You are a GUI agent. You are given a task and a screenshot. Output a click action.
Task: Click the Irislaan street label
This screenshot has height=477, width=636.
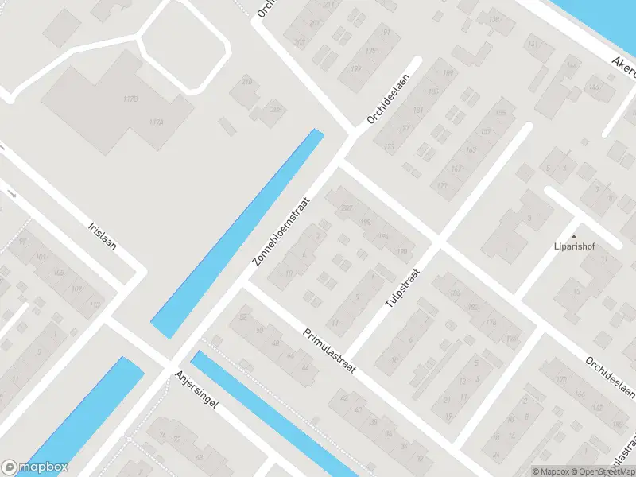tap(103, 235)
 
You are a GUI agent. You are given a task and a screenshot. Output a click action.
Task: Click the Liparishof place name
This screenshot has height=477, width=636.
tap(575, 246)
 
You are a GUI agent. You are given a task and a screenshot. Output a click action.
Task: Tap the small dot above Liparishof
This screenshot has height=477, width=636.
tap(575, 236)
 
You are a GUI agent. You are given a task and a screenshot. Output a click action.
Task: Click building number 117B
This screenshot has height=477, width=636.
tap(131, 99)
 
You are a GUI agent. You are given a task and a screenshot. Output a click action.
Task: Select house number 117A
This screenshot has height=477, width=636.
tap(156, 122)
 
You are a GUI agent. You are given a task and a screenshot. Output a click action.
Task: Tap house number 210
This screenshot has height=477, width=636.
tap(246, 82)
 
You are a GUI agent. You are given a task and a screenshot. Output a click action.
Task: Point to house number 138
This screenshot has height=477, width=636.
tap(494, 20)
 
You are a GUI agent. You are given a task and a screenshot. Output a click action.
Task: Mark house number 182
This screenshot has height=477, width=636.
tap(474, 308)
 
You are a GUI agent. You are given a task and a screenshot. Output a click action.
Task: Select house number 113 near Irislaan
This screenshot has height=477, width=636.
tap(95, 305)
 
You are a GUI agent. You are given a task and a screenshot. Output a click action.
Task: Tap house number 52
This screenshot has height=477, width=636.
tap(242, 317)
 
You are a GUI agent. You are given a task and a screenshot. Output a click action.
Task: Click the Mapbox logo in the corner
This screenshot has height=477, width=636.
tap(34, 467)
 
